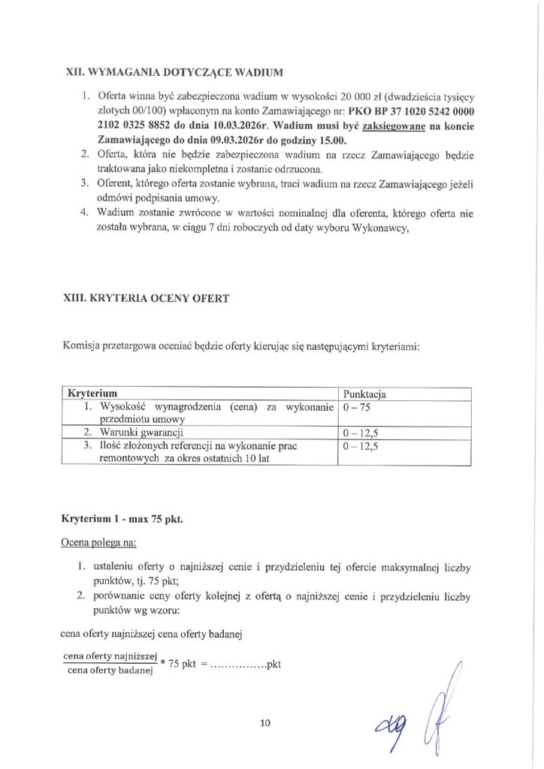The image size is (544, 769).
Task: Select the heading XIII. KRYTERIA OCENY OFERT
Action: pos(147,299)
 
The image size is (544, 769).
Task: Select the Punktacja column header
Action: pos(364,394)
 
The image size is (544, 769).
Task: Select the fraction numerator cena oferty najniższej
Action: pos(109,656)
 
